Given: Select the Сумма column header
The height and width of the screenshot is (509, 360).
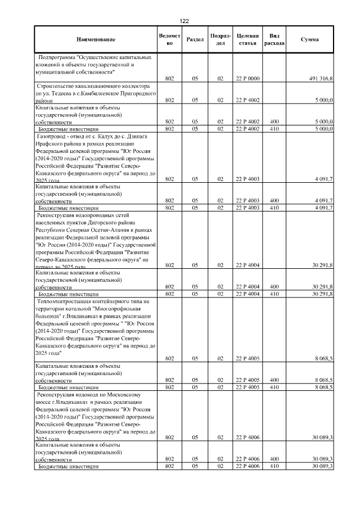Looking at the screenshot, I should coord(309,39).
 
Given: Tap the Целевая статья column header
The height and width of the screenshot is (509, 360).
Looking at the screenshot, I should coord(247,39).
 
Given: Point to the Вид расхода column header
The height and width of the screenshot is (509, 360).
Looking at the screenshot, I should coord(274,39).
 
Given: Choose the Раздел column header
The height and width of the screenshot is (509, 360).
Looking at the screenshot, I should coord(195,39).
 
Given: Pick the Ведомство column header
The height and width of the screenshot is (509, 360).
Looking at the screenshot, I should coord(169,39).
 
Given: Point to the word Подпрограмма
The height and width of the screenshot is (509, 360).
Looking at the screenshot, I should coord(57,57).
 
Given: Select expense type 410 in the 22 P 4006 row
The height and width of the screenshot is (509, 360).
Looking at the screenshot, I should coord(274,467).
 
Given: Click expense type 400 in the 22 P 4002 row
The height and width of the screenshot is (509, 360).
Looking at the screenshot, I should coord(274,121).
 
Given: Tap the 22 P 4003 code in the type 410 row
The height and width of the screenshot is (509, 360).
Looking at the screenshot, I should coord(247,208).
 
